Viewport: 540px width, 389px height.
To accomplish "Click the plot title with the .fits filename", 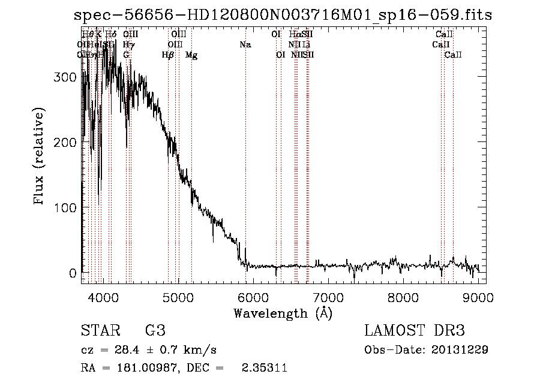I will point(282,15).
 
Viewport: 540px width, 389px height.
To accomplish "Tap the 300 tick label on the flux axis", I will point(65,77).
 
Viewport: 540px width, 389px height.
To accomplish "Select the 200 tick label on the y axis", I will point(65,143).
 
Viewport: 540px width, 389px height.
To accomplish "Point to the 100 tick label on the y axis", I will point(65,208).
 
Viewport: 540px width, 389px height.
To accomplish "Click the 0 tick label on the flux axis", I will point(72,273).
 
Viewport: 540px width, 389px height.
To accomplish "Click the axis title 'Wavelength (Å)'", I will point(283,313).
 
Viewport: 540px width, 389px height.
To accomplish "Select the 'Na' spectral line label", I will point(245,45).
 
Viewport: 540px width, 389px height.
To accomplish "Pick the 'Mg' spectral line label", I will point(191,55).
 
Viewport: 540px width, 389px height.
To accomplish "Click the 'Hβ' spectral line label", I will point(168,55).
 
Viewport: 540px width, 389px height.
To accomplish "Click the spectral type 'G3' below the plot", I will point(155,331).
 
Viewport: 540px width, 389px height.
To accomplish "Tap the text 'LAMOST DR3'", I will point(415,331).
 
